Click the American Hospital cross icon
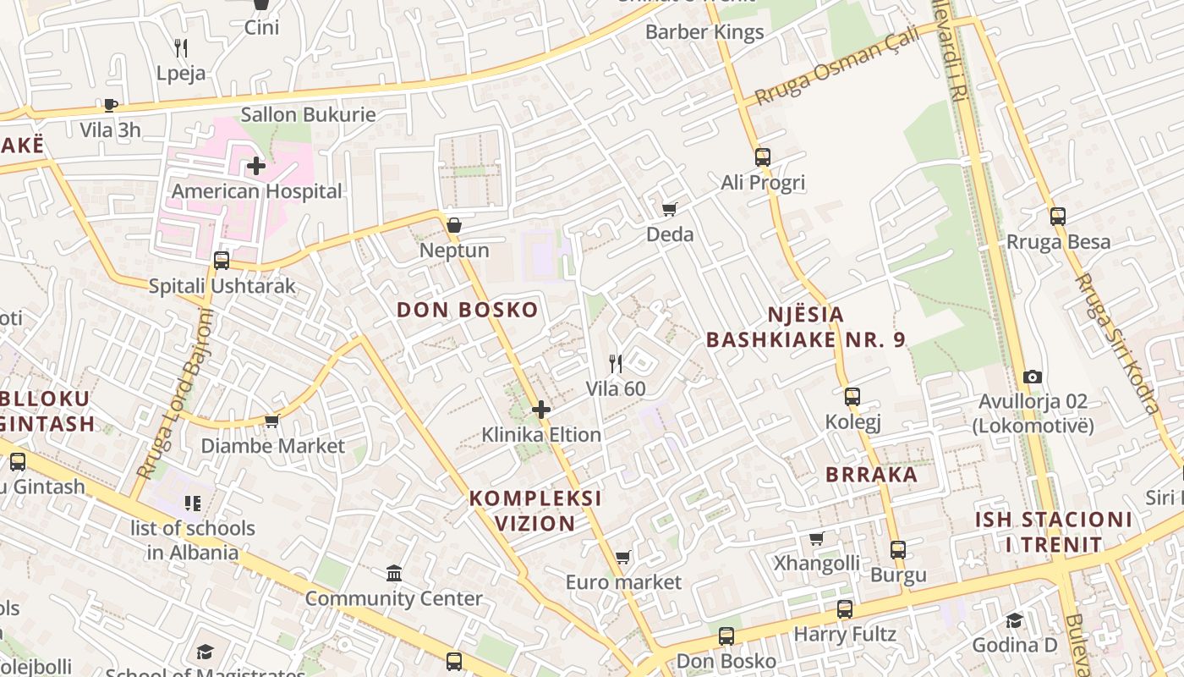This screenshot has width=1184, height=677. tap(256, 166)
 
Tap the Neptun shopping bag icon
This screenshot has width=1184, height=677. tap(454, 225)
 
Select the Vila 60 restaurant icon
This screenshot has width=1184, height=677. tap(616, 364)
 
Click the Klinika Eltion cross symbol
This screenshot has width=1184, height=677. tap(541, 410)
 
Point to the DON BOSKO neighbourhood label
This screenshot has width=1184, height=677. tap(468, 310)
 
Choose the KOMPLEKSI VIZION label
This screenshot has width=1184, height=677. tap(535, 510)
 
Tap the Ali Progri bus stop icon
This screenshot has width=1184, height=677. tap(763, 157)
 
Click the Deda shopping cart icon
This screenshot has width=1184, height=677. tap(670, 209)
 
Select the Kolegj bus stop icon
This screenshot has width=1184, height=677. tap(852, 396)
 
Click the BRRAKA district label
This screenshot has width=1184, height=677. tap(872, 474)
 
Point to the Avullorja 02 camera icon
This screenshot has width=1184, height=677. tap(1032, 377)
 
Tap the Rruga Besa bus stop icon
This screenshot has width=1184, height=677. tap(1058, 216)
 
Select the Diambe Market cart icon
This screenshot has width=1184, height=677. tap(272, 421)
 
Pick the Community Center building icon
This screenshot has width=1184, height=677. tap(394, 574)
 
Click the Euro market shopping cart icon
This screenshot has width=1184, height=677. tap(623, 557)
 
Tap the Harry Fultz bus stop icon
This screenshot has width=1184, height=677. tap(845, 608)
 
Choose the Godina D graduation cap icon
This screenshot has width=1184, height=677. tap(1015, 620)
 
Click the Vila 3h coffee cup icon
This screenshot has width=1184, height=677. tap(110, 105)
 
